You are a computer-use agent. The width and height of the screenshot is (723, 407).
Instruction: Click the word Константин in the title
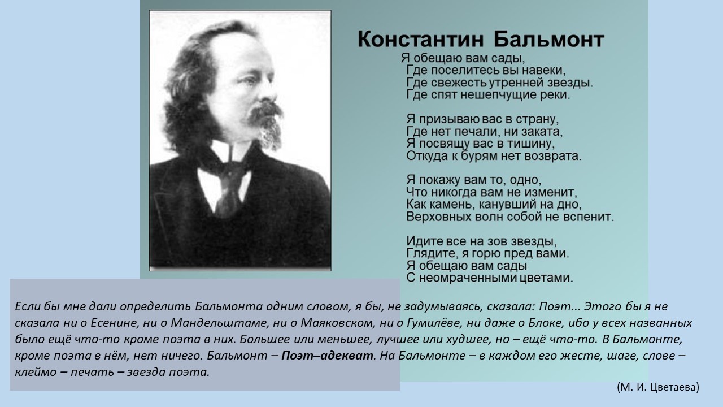click(x=421, y=40)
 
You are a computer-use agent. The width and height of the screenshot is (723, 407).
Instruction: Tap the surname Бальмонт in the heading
click(x=548, y=40)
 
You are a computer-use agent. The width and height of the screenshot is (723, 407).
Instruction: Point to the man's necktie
click(x=229, y=187)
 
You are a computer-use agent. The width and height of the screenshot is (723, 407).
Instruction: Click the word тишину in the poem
click(x=530, y=144)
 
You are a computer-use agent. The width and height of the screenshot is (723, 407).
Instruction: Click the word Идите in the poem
click(x=424, y=241)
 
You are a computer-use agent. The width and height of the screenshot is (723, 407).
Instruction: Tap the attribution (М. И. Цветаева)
click(x=658, y=387)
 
